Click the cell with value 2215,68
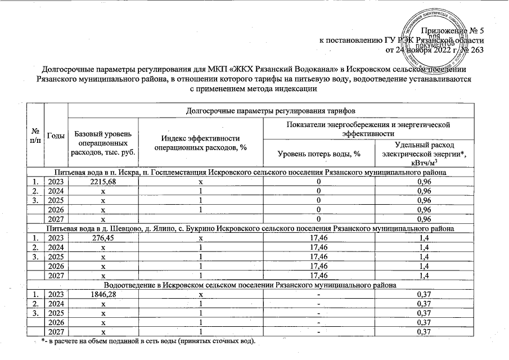point(102,183)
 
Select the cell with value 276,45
point(102,238)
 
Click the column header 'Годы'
point(56,135)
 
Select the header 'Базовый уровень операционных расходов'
point(102,145)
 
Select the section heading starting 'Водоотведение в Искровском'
point(248,285)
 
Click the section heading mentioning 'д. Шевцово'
point(248,230)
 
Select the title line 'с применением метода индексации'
point(254,89)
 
